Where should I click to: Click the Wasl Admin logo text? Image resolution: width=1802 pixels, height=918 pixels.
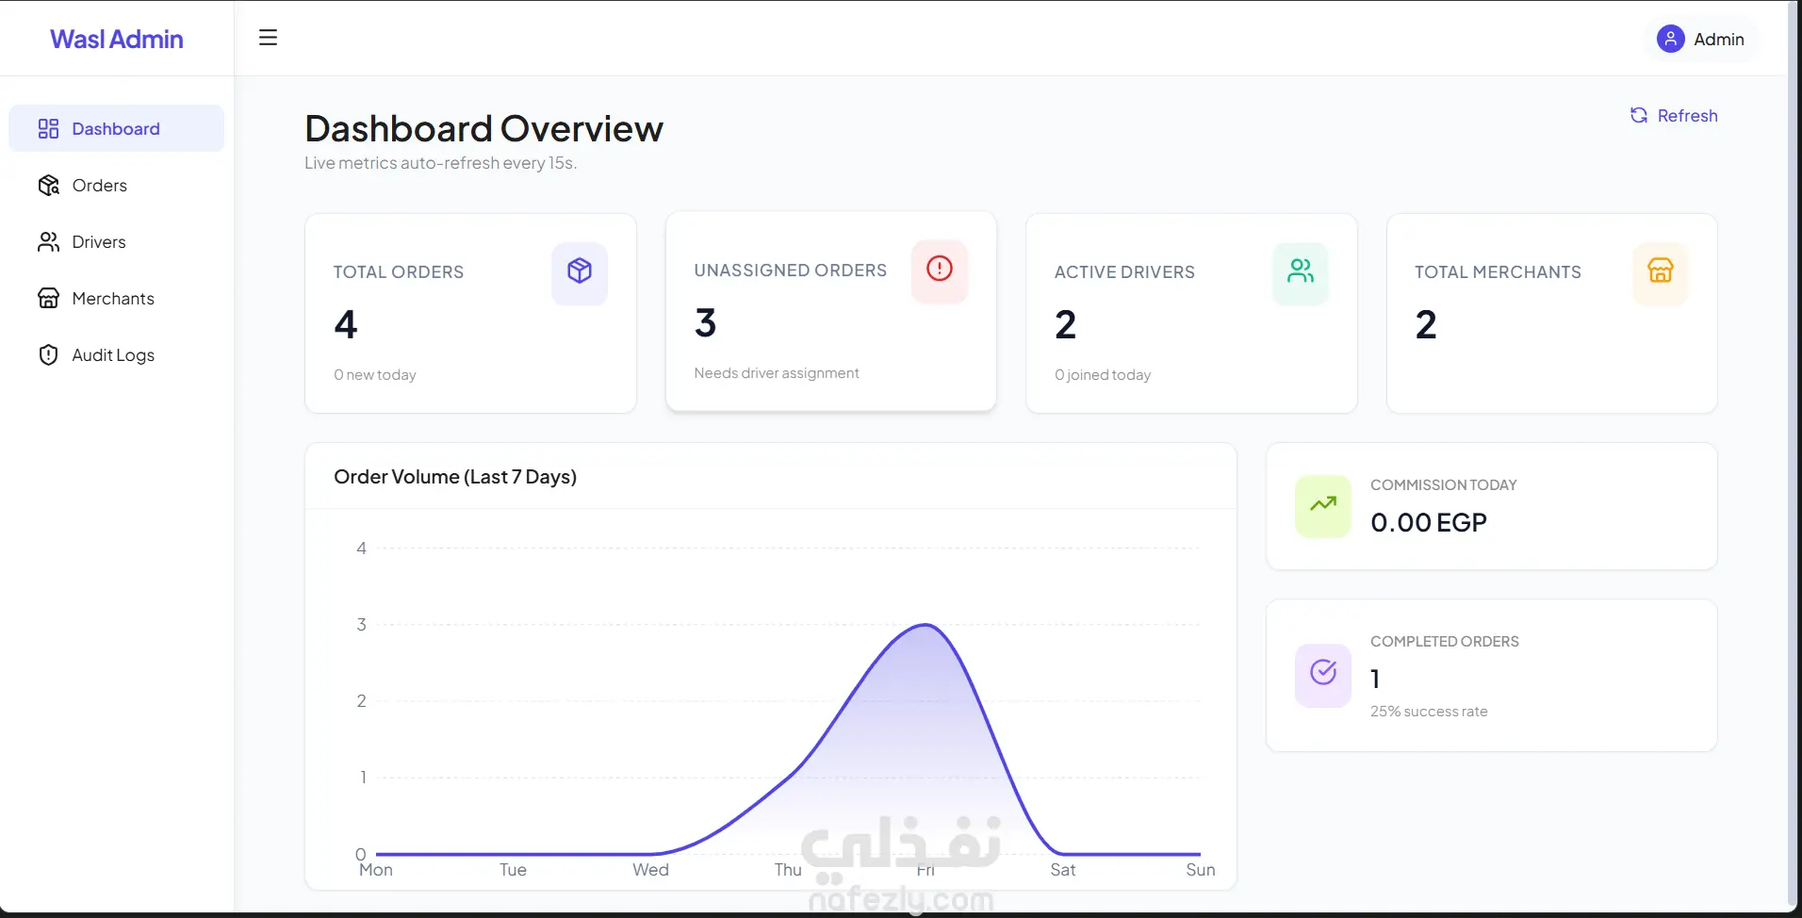click(117, 39)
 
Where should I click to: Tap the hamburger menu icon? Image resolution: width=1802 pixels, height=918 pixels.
click(268, 38)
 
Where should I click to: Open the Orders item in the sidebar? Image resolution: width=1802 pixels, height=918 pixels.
click(99, 186)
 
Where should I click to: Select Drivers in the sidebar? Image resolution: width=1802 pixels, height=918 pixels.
click(98, 242)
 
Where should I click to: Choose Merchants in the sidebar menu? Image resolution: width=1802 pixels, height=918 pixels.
click(112, 299)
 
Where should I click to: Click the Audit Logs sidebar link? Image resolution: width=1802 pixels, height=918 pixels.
click(112, 355)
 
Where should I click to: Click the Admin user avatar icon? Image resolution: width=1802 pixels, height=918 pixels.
click(1670, 39)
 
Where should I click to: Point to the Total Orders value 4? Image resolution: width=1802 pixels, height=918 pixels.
click(346, 325)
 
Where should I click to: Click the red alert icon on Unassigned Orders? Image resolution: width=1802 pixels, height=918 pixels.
click(940, 270)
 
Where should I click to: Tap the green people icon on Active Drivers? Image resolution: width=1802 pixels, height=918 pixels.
click(1301, 271)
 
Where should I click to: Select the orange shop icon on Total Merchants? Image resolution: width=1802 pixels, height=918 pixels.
click(1661, 271)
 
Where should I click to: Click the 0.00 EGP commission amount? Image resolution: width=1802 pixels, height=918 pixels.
click(1429, 522)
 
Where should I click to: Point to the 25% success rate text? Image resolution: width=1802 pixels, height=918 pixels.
click(1429, 712)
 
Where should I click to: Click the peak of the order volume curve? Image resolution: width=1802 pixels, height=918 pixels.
click(926, 625)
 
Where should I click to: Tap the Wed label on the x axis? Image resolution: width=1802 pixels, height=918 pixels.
click(650, 870)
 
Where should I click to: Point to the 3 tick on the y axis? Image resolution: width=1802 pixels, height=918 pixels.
click(361, 625)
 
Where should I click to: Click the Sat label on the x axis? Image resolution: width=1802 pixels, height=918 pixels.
click(1063, 870)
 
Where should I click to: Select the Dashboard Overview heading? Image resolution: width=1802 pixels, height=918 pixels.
click(483, 129)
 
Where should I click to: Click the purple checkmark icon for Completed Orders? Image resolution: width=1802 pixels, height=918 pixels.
click(1323, 672)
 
